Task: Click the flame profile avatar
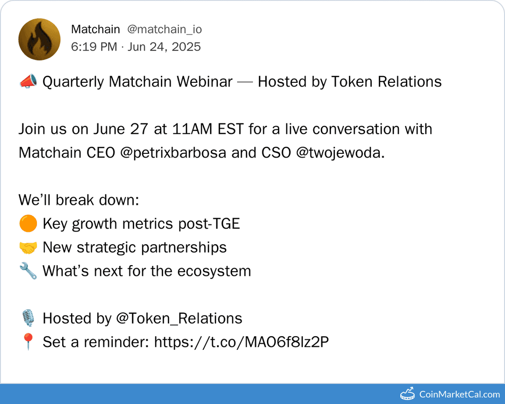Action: (x=39, y=39)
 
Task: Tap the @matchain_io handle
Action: (x=165, y=29)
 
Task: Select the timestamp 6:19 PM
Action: (x=94, y=47)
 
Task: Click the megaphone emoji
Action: (x=27, y=82)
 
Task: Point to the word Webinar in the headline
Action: (x=204, y=82)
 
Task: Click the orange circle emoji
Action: (x=28, y=224)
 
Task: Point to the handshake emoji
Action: (x=28, y=248)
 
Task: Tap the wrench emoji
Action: (x=28, y=272)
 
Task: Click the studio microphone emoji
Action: (x=28, y=319)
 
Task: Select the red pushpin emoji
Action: (x=28, y=342)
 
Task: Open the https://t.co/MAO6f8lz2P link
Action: (x=241, y=342)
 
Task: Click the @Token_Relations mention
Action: (x=179, y=319)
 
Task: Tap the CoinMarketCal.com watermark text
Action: (x=460, y=394)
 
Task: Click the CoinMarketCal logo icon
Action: (x=408, y=394)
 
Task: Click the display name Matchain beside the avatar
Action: (x=95, y=29)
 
